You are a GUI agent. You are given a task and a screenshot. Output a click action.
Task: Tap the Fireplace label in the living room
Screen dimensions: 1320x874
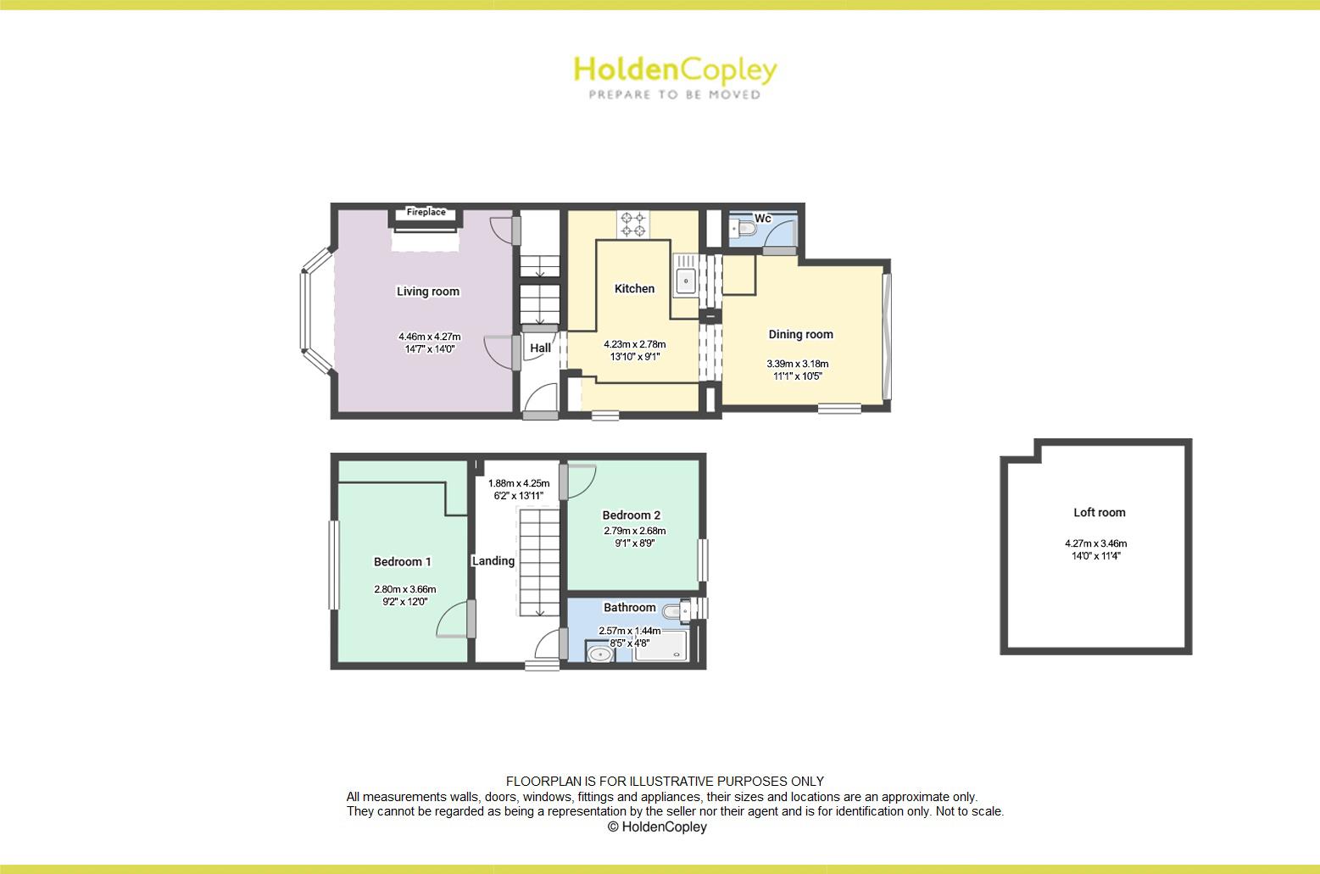point(426,212)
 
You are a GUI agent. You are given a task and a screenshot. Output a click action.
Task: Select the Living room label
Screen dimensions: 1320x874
point(428,291)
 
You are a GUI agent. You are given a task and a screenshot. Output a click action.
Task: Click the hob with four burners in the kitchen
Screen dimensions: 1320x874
point(633,225)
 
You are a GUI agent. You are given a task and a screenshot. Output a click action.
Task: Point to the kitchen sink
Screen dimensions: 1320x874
point(685,281)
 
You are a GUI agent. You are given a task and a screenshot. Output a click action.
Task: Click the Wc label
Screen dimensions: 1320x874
point(762,219)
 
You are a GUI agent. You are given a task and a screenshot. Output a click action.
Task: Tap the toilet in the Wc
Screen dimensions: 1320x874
point(744,227)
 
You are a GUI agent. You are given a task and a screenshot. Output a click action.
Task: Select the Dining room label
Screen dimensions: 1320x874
point(801,335)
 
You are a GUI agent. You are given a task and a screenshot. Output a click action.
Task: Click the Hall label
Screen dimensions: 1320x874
point(540,348)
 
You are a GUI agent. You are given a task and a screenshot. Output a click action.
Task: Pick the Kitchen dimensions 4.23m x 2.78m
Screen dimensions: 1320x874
point(635,344)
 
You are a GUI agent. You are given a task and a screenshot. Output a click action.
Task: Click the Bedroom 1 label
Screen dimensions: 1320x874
point(403,562)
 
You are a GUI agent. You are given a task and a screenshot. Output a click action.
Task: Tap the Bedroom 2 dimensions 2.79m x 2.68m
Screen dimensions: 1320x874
point(635,531)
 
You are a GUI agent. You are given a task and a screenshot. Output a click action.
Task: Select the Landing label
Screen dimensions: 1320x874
point(493,561)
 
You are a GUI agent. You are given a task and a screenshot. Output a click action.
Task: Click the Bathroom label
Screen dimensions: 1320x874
point(629,607)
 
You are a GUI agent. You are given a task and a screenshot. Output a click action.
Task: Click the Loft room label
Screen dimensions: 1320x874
point(1100,513)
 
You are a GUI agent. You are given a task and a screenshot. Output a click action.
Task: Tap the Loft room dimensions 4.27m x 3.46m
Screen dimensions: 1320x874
point(1096,543)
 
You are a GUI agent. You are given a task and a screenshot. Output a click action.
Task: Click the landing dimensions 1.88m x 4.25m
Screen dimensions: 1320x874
point(519,484)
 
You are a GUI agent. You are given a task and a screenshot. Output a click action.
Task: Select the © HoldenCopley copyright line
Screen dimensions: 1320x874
point(657,827)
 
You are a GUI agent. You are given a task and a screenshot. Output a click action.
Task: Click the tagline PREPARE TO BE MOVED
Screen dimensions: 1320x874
point(676,94)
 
